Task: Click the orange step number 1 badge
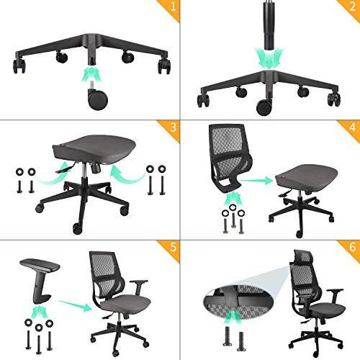(170, 10)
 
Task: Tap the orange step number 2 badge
(350, 10)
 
